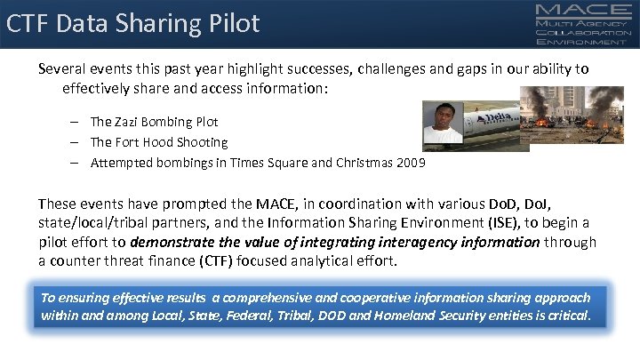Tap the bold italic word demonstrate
(171, 242)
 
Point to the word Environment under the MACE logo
(580, 42)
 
